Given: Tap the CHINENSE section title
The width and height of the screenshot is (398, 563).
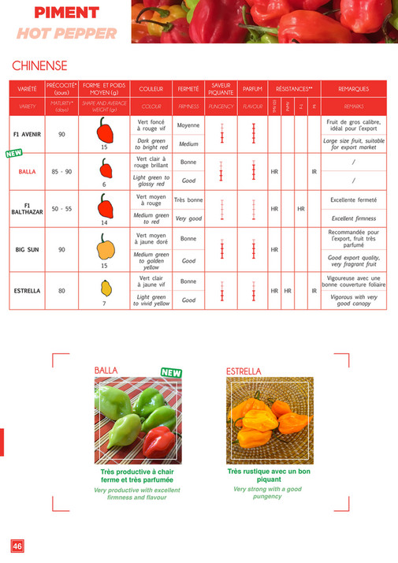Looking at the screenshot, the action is point(39,66).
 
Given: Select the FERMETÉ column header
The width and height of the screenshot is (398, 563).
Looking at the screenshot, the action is point(188,89).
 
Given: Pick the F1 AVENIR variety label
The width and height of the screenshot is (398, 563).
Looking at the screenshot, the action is point(27,134).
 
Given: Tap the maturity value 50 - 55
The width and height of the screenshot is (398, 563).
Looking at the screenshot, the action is point(61,210).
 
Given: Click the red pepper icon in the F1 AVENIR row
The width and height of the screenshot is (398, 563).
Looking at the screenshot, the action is point(104,130).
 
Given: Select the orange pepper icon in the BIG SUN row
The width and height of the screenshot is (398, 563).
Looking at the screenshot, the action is point(104,248).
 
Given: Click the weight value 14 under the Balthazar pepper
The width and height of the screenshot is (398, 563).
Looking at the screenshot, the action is point(104,223).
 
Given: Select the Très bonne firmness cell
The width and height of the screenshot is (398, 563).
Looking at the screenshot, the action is point(188,201).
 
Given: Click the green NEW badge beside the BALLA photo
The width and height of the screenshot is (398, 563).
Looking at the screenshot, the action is point(171,372).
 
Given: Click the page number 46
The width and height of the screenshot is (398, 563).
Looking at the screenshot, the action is point(17,546).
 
